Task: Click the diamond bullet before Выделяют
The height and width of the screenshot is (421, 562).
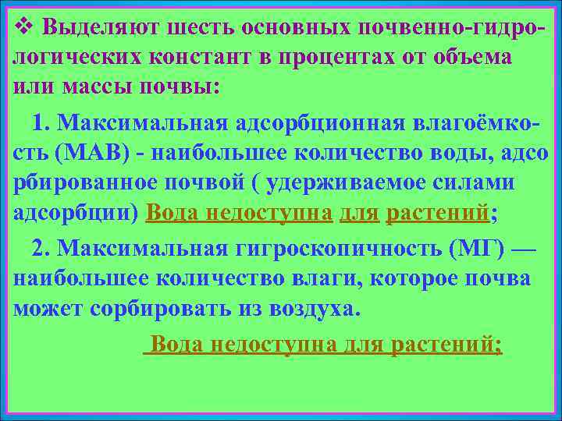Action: click(23, 27)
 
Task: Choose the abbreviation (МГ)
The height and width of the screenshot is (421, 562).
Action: click(476, 249)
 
